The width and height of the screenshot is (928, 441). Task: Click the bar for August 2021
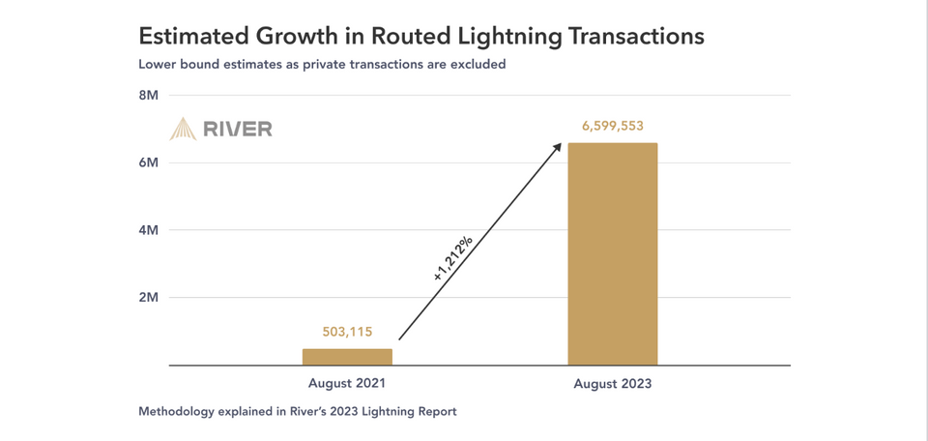tap(347, 357)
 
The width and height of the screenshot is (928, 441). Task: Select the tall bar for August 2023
tap(612, 254)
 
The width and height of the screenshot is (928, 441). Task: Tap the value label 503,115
tap(347, 332)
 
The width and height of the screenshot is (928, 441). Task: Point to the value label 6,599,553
tap(612, 126)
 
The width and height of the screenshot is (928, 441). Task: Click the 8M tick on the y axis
tap(148, 95)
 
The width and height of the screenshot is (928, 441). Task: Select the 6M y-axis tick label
tap(148, 162)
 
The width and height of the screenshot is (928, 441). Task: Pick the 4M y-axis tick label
tap(148, 230)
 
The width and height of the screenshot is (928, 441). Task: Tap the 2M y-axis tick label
tap(148, 297)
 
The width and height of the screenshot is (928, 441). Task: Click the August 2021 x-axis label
tap(347, 383)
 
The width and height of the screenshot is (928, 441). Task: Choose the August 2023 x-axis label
tap(612, 384)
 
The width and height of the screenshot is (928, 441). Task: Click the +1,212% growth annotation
tap(452, 258)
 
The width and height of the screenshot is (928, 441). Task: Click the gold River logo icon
tap(183, 129)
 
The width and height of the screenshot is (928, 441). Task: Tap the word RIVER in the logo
tap(238, 129)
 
